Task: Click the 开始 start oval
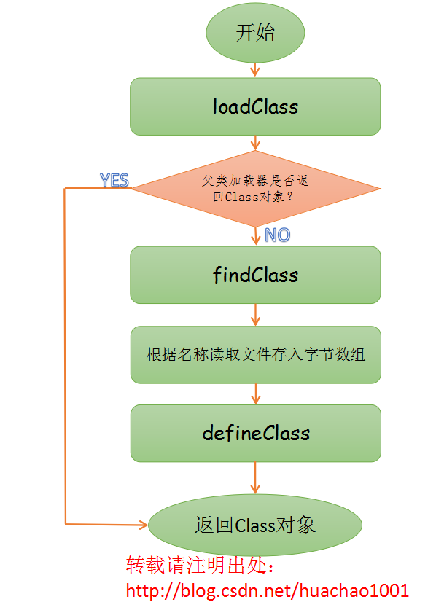click(x=255, y=33)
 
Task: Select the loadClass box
click(x=255, y=106)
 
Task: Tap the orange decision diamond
click(x=255, y=189)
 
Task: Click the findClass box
click(x=255, y=275)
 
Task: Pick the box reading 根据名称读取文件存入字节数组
click(x=255, y=355)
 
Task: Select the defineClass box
click(x=255, y=433)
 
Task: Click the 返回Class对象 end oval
click(x=255, y=525)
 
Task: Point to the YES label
click(x=114, y=180)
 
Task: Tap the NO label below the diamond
click(x=277, y=235)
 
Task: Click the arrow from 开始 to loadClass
click(x=255, y=69)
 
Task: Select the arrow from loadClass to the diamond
click(x=255, y=143)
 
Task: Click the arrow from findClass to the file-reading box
click(x=255, y=314)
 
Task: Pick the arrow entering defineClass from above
click(x=255, y=394)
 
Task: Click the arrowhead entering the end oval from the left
click(x=143, y=524)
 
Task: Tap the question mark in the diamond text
click(x=300, y=196)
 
